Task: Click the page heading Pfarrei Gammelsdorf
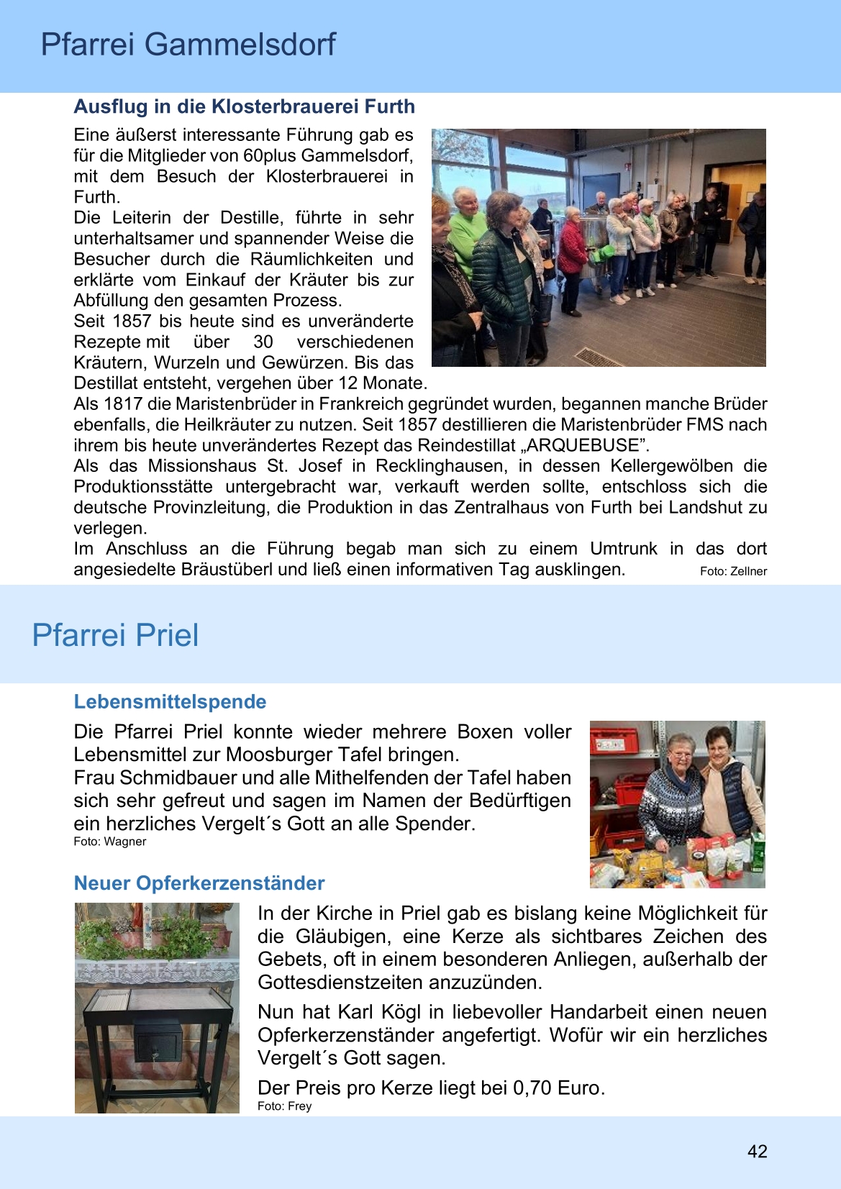point(188,45)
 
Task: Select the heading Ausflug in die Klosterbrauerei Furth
point(244,106)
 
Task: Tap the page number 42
point(757,1152)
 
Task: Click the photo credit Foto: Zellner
point(733,571)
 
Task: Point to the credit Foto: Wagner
point(109,842)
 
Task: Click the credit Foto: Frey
point(284,1106)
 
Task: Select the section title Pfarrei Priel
point(115,635)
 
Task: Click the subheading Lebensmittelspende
point(170,702)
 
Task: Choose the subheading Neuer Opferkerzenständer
point(199,883)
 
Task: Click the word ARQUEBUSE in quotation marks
point(583,445)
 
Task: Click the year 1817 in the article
point(123,404)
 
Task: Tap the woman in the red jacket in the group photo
point(573,252)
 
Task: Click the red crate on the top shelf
point(614,740)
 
